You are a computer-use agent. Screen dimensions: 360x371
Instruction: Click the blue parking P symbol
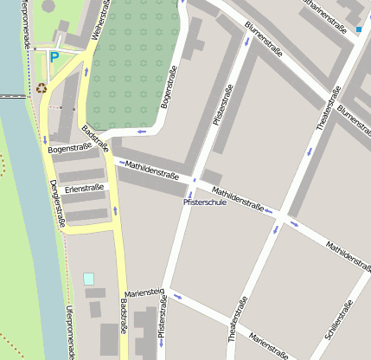pos(54,58)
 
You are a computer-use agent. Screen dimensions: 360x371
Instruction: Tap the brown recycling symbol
pos(42,87)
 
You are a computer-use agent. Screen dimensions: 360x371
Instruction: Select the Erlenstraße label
pos(84,187)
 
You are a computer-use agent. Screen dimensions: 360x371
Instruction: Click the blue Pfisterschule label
pos(204,202)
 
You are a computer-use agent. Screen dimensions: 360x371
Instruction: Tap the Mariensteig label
pos(144,292)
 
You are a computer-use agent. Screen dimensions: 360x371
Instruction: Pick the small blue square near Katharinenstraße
pos(358,30)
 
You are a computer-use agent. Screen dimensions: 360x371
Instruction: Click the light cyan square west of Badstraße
pos(88,279)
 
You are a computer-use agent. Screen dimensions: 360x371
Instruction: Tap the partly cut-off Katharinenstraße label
pos(314,6)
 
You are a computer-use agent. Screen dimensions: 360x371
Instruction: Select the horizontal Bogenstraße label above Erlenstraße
pos(69,149)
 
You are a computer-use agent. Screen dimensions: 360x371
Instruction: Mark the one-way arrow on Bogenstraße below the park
pos(141,132)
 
